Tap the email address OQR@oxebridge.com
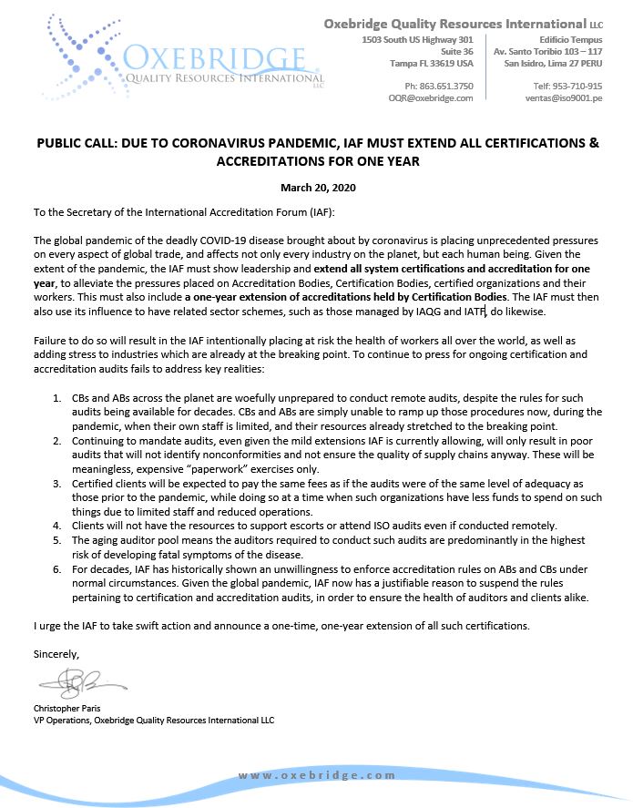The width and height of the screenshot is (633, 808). (x=431, y=97)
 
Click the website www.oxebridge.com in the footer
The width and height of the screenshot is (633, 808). (x=317, y=774)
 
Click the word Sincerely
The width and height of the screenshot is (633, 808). (x=56, y=654)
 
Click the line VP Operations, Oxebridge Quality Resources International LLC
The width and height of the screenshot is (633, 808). (x=153, y=720)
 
